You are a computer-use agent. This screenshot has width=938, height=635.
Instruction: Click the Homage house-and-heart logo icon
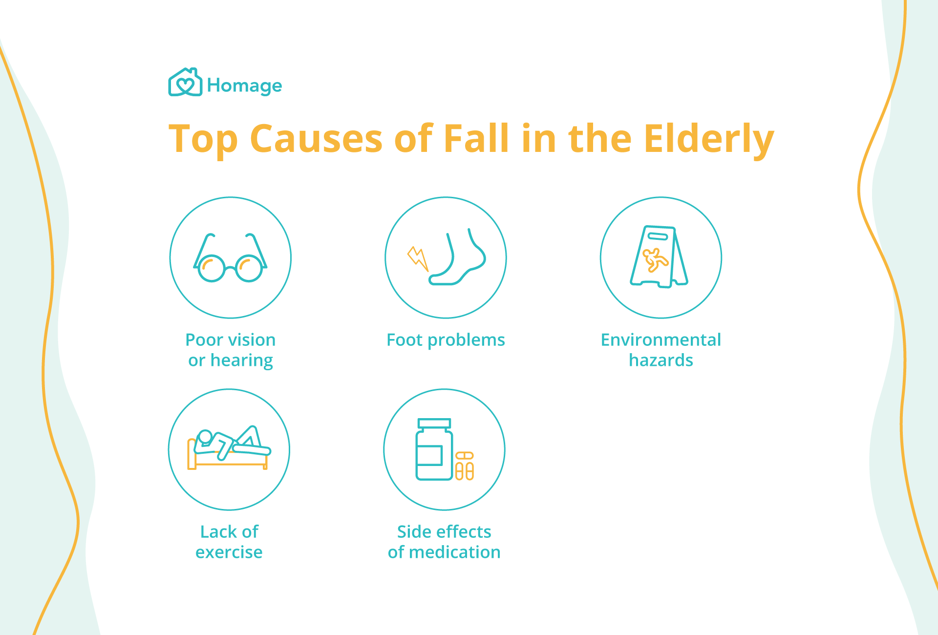185,82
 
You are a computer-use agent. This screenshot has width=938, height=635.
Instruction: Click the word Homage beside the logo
244,86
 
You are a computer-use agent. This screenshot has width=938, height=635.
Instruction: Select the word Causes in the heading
316,139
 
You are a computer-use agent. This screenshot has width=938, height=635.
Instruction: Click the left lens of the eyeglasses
211,268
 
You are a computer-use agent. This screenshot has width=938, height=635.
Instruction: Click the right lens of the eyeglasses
249,268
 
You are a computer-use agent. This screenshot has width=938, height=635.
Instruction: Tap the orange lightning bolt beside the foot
418,258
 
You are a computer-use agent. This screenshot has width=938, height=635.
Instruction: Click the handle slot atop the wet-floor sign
658,236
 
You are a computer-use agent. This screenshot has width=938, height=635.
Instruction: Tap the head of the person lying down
205,436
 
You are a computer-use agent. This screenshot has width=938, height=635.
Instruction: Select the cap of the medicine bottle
434,423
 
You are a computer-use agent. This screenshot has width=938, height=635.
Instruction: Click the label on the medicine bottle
429,455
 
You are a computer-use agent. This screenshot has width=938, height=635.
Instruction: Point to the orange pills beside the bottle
464,466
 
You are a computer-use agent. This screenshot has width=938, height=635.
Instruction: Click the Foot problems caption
446,340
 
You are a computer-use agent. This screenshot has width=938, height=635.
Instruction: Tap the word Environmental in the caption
661,339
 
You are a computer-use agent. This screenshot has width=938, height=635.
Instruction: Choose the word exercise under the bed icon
229,552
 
